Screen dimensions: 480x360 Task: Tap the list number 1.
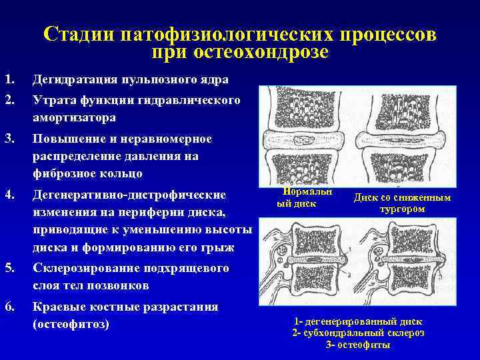(x=9, y=79)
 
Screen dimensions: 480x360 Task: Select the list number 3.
(x=9, y=138)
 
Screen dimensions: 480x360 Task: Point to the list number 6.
(x=9, y=307)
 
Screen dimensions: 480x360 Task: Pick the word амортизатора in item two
(x=75, y=117)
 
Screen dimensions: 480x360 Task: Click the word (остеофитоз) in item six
(x=70, y=325)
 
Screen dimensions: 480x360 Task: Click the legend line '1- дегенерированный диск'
(x=359, y=321)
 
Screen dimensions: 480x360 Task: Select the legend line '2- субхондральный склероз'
(x=359, y=333)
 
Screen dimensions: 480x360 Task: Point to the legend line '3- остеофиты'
(x=359, y=345)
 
